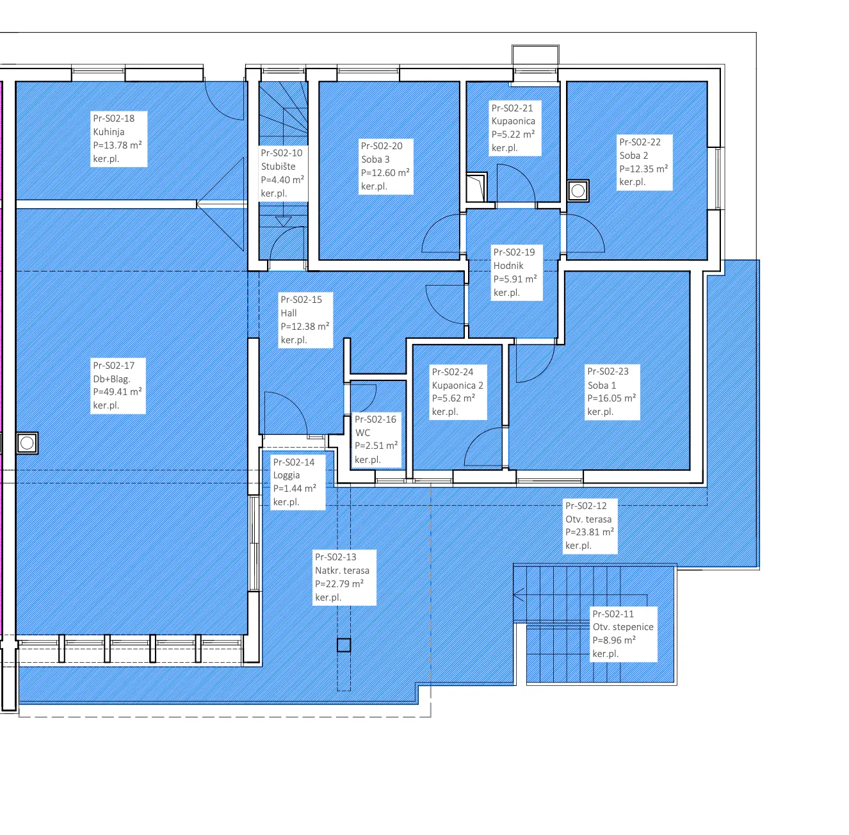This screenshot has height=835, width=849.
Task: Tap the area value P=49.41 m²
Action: tap(117, 392)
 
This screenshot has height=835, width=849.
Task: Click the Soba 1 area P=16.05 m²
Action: tap(611, 398)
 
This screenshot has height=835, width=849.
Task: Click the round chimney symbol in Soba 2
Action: tap(578, 191)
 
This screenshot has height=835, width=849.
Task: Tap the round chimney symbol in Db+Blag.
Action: tap(27, 443)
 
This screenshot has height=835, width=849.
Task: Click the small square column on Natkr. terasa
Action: tap(344, 645)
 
